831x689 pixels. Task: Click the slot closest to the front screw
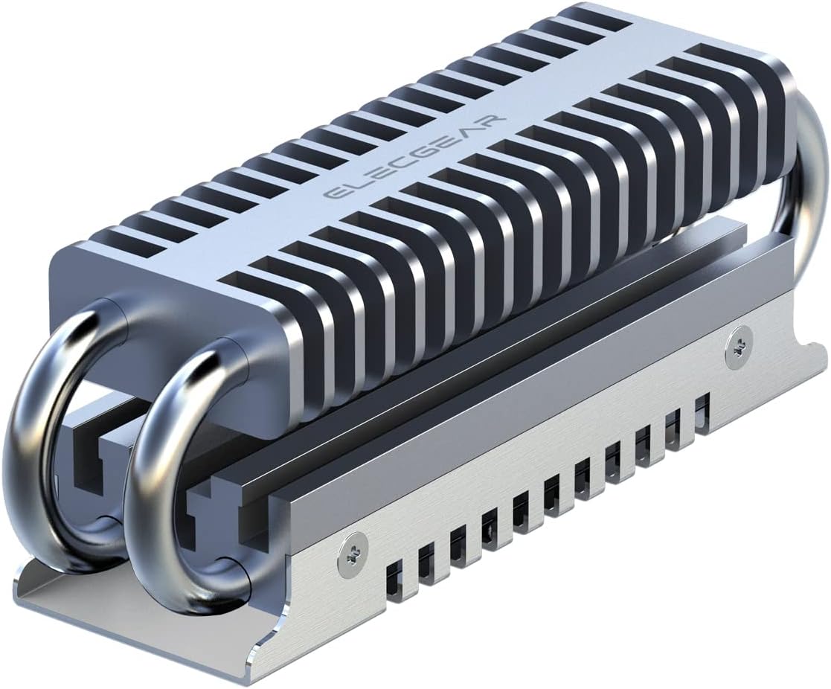point(394,576)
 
